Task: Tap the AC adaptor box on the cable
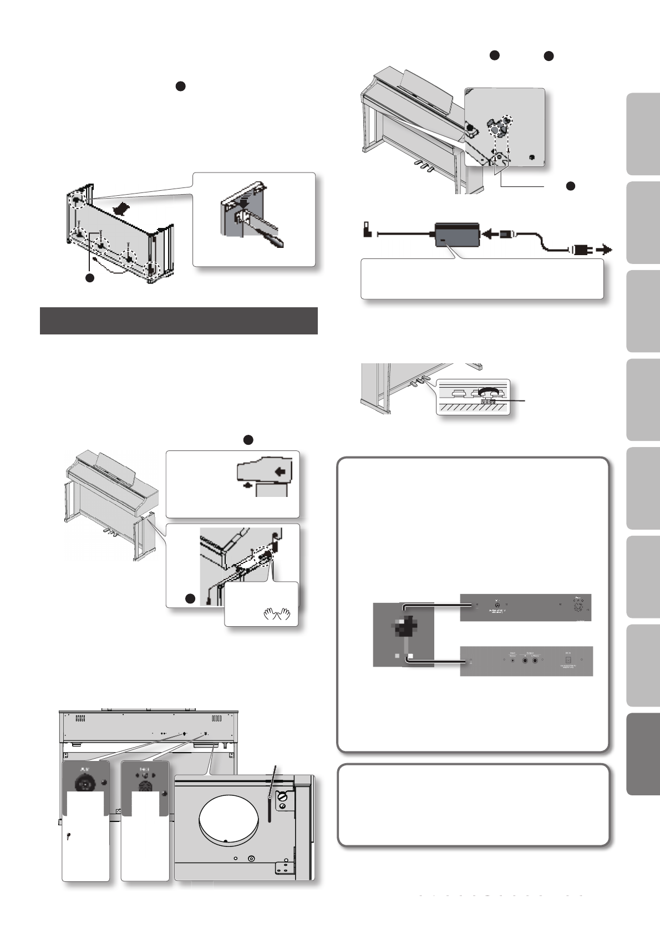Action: tap(456, 235)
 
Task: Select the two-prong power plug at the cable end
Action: tap(581, 250)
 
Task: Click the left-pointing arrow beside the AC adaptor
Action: tap(491, 235)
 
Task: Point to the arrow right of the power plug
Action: tap(605, 250)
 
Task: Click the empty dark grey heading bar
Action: tap(179, 321)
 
